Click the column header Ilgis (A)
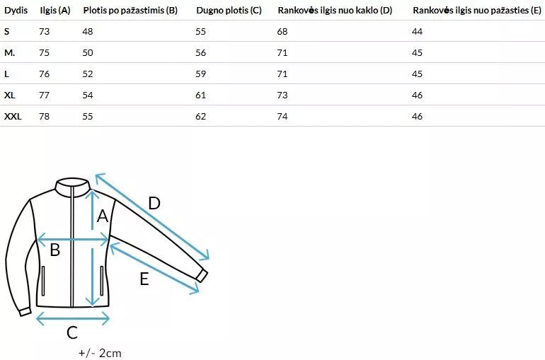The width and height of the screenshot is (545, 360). pyautogui.click(x=55, y=11)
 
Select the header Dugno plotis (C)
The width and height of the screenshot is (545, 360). pyautogui.click(x=229, y=11)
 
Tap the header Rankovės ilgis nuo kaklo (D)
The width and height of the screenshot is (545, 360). pyautogui.click(x=335, y=11)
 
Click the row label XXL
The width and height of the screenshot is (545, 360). pyautogui.click(x=13, y=116)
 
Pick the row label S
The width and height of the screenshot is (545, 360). pyautogui.click(x=6, y=32)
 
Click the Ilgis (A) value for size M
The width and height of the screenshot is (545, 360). pyautogui.click(x=44, y=53)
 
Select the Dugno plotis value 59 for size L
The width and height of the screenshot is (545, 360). pyautogui.click(x=200, y=74)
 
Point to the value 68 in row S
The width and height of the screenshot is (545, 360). pyautogui.click(x=282, y=32)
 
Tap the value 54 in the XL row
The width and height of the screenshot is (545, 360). pyautogui.click(x=88, y=95)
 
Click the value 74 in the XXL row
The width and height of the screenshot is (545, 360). pyautogui.click(x=282, y=116)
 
